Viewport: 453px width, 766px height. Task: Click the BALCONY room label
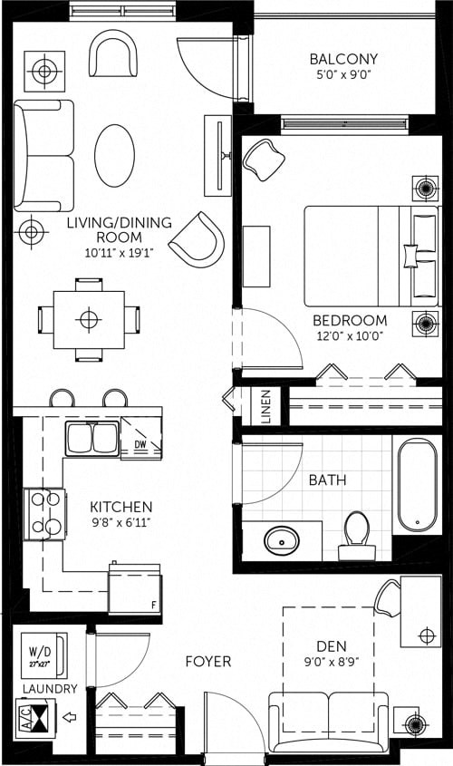coord(343,59)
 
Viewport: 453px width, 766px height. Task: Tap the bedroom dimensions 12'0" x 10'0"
coord(350,335)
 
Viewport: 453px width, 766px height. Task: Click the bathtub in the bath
coord(417,485)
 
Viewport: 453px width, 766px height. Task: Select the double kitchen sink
coord(92,439)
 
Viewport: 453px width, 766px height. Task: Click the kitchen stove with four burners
coord(44,514)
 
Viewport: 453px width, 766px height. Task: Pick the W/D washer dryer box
coord(43,654)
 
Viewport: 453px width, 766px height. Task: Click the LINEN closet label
coord(265,407)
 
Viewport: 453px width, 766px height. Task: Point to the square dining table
coord(88,319)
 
